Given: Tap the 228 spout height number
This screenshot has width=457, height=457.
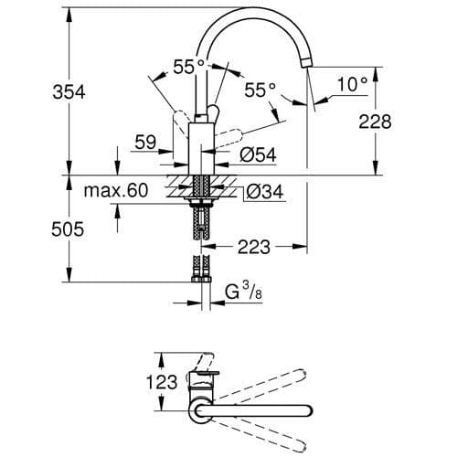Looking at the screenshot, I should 402,122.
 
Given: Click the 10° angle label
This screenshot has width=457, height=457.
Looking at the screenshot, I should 354,85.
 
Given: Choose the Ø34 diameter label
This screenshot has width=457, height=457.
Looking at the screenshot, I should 264,192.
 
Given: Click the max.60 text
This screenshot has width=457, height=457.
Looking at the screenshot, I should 114,192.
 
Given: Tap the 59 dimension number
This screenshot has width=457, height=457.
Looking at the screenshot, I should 145,142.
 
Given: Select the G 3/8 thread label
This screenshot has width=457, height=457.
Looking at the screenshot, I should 242,292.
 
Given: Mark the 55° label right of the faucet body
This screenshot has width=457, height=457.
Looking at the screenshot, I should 260,90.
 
